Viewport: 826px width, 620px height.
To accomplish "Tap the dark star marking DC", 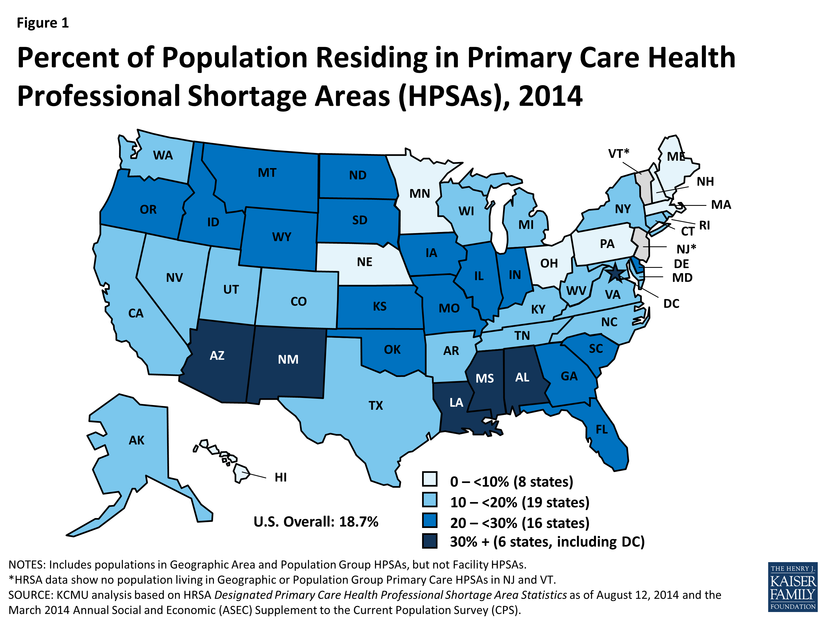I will point(615,274).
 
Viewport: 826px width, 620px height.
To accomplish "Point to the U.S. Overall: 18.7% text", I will point(316,521).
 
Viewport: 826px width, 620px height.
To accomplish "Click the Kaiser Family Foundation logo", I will point(792,586).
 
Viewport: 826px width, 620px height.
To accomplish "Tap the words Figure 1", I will point(43,23).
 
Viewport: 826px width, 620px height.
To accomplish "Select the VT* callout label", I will point(618,153).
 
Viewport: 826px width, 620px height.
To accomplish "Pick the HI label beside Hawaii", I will point(281,477).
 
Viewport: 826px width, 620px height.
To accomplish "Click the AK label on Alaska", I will point(136,440).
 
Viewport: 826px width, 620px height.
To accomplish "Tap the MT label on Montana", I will point(267,173).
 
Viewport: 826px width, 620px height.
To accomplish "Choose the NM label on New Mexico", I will point(288,360).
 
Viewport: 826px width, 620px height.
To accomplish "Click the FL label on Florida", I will point(602,429).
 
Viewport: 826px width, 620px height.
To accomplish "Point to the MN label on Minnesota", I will point(420,194).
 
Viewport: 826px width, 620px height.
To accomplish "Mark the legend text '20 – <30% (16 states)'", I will point(520,523).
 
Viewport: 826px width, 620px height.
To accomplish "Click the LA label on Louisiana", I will point(456,403).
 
